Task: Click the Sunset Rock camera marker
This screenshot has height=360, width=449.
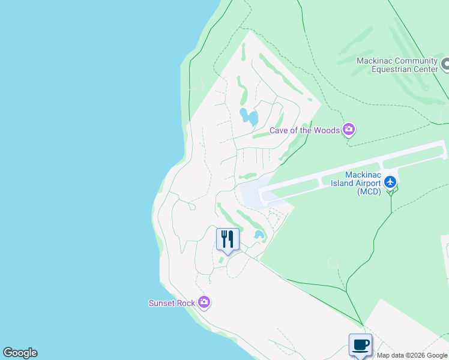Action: coord(204,302)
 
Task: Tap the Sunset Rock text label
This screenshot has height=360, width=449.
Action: coord(172,303)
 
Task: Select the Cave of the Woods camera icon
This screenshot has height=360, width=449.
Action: coord(349,130)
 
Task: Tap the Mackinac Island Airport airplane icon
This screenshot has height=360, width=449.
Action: coord(391,181)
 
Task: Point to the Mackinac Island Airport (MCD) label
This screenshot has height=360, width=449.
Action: coord(357,183)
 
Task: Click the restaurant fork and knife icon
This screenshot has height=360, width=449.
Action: coord(228,239)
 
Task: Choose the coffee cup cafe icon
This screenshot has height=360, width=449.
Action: coord(360,345)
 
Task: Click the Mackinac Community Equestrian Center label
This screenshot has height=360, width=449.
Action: coord(397,65)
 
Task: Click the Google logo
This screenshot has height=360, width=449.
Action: coord(20,353)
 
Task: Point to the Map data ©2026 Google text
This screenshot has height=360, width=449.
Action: coord(412,355)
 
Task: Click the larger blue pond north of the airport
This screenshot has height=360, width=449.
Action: coord(249,116)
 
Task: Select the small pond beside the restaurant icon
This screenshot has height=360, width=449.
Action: coord(259,235)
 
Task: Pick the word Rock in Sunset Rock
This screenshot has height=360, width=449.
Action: coord(185,303)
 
